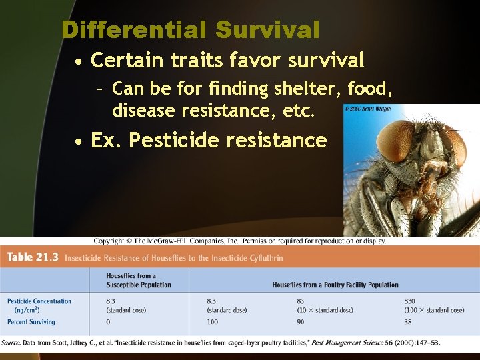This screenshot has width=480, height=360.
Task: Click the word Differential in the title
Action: click(x=133, y=30)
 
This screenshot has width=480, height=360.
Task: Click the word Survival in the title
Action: click(x=267, y=30)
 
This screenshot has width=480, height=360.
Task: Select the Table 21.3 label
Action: click(x=33, y=257)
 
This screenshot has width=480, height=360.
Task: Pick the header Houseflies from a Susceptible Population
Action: click(x=138, y=280)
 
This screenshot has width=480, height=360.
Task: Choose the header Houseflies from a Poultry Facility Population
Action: click(x=335, y=285)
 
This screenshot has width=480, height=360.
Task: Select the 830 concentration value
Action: click(x=410, y=301)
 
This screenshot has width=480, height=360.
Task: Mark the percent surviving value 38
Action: click(x=409, y=322)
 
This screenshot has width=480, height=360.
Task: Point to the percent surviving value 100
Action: click(x=213, y=322)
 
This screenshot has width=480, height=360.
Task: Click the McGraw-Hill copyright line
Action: click(x=239, y=241)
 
